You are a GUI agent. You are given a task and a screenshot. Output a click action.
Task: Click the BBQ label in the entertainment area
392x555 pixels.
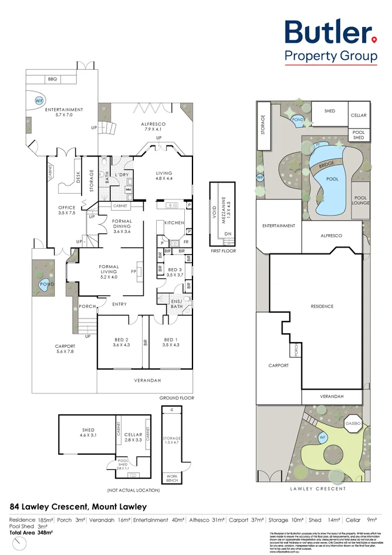pyautogui.click(x=52, y=79)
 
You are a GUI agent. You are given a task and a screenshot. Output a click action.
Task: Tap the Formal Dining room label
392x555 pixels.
pyautogui.click(x=122, y=225)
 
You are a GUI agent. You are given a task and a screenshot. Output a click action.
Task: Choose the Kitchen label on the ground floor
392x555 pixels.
pyautogui.click(x=174, y=223)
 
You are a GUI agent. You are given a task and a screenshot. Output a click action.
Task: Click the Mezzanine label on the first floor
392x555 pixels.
pyautogui.click(x=229, y=205)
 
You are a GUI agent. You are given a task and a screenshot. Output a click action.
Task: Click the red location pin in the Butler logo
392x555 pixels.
pyautogui.click(x=374, y=40)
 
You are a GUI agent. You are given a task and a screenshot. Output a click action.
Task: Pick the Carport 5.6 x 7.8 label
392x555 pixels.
pyautogui.click(x=65, y=349)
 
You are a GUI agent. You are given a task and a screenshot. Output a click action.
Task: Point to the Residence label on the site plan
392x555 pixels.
pyautogui.click(x=322, y=306)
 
